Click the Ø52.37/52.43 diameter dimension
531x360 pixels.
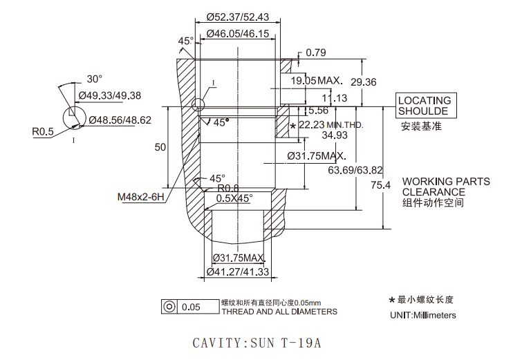click(238, 17)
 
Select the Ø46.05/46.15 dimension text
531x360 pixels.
click(238, 33)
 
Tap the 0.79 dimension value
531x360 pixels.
click(315, 53)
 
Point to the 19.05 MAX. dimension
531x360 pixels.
click(317, 81)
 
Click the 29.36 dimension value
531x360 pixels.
click(364, 82)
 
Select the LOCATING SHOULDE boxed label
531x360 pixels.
click(426, 106)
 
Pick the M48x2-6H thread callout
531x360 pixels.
click(140, 197)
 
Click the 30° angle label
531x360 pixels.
click(94, 79)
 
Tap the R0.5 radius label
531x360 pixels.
click(43, 131)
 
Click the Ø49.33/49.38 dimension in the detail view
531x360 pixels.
click(110, 95)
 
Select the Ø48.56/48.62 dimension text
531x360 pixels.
click(120, 120)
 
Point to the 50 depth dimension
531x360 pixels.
click(160, 147)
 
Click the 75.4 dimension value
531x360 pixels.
click(381, 185)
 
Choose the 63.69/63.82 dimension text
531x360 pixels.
click(355, 170)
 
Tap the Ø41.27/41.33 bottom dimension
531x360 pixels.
click(238, 272)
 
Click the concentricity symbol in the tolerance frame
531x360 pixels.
click(169, 307)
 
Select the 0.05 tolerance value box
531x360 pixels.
click(198, 307)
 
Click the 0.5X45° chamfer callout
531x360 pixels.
click(234, 198)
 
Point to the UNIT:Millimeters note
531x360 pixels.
click(423, 315)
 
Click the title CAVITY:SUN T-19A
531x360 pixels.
click(257, 343)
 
